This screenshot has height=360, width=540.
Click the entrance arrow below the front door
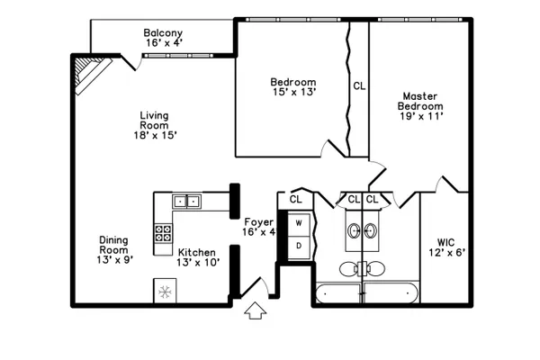pyautogui.click(x=256, y=310)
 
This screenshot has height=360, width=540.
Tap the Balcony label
pyautogui.click(x=163, y=33)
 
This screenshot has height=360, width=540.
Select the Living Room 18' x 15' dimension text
pyautogui.click(x=156, y=135)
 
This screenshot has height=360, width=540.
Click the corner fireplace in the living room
pyautogui.click(x=90, y=74)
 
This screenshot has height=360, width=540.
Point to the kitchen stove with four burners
pyautogui.click(x=163, y=233)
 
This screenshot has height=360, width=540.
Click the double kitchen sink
pyautogui.click(x=186, y=202)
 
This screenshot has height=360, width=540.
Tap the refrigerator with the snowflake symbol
pyautogui.click(x=165, y=292)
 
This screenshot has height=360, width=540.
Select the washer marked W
pyautogui.click(x=299, y=224)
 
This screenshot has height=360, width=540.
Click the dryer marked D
pyautogui.click(x=299, y=247)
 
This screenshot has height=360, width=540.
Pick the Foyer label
pyautogui.click(x=259, y=222)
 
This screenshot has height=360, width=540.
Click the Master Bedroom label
pyautogui.click(x=420, y=101)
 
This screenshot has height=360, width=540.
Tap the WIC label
pyautogui.click(x=445, y=242)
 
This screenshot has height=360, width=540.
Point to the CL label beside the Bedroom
pyautogui.click(x=359, y=85)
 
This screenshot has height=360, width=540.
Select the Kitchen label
pyautogui.click(x=196, y=253)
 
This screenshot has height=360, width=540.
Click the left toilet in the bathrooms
pyautogui.click(x=349, y=269)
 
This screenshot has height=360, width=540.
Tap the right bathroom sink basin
pyautogui.click(x=370, y=230)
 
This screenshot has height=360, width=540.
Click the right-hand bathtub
pyautogui.click(x=391, y=293)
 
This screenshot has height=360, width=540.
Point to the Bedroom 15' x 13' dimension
pyautogui.click(x=294, y=92)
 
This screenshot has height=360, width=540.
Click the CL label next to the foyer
pyautogui.click(x=295, y=199)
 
